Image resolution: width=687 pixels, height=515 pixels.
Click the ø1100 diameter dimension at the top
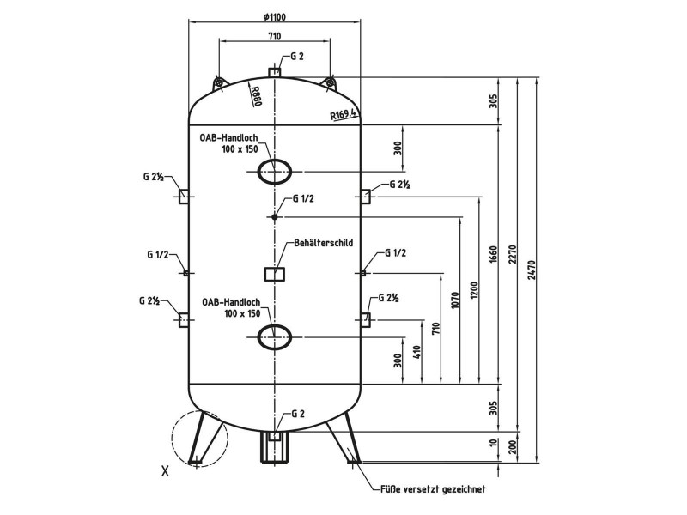pyautogui.click(x=274, y=17)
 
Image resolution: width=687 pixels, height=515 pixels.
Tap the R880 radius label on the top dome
pyautogui.click(x=256, y=96)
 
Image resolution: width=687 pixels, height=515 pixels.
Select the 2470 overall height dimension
pyautogui.click(x=532, y=270)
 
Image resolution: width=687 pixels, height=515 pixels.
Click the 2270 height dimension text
pyautogui.click(x=513, y=254)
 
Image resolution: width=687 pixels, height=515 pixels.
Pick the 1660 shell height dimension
pyautogui.click(x=493, y=256)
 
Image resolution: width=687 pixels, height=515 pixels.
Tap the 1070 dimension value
pyautogui.click(x=455, y=300)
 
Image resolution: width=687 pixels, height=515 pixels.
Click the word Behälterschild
pyautogui.click(x=324, y=243)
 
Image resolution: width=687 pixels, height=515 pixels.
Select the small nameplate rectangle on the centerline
pyautogui.click(x=275, y=274)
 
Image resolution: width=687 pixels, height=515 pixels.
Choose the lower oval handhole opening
pyautogui.click(x=275, y=337)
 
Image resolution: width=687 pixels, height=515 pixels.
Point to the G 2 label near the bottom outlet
pyautogui.click(x=297, y=414)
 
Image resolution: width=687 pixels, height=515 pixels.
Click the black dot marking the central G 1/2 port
pyautogui.click(x=274, y=217)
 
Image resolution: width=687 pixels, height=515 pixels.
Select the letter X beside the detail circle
pyautogui.click(x=165, y=471)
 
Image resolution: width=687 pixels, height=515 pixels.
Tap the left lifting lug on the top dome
pyautogui.click(x=219, y=82)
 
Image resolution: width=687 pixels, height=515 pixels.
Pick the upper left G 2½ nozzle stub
pyautogui.click(x=184, y=197)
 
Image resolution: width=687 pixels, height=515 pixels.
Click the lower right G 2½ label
pyautogui.click(x=389, y=298)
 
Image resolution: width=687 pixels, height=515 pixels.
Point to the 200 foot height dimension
pyautogui.click(x=513, y=445)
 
